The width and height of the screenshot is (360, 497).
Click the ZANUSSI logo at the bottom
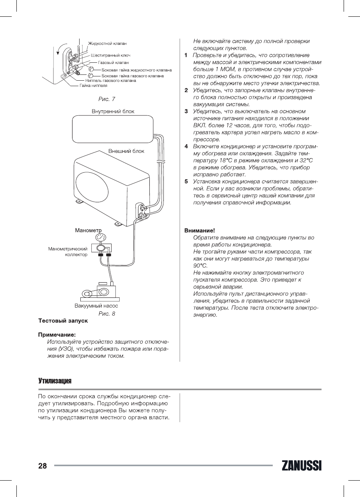301,466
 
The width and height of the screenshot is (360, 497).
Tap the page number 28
43,466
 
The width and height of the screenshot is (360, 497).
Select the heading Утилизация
55,380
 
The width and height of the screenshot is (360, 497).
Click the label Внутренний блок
113,111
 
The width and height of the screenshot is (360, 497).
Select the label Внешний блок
126,151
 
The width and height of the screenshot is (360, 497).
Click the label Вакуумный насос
96,306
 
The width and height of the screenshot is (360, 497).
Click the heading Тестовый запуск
63,321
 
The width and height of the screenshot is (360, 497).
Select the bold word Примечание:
57,334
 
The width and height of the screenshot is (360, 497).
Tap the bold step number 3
186,112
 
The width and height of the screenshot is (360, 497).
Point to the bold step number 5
186,182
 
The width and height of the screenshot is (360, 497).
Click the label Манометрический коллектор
67,251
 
